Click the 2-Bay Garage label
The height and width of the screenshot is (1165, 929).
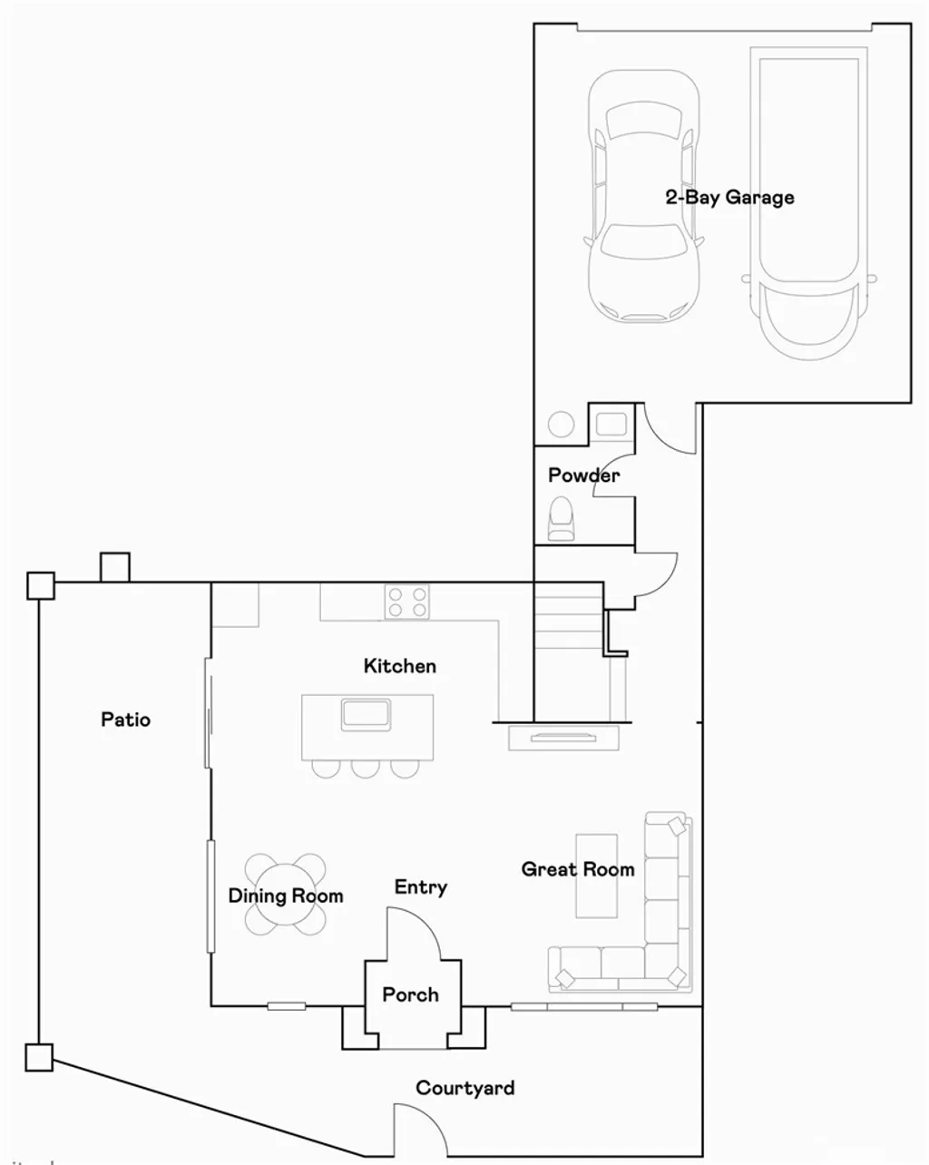(x=729, y=198)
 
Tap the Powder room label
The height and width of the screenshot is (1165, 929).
(x=583, y=475)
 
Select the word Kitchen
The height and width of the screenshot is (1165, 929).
(x=399, y=666)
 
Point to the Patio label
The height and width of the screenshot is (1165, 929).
(x=125, y=720)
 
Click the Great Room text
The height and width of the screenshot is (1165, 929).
(x=577, y=869)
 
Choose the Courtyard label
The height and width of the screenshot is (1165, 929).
(x=464, y=1088)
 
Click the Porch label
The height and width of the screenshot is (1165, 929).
(x=410, y=994)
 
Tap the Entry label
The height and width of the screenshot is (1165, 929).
(x=420, y=887)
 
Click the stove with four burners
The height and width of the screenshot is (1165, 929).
(x=406, y=602)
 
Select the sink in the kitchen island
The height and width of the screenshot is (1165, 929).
(x=366, y=714)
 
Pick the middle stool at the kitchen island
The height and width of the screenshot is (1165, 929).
(x=365, y=768)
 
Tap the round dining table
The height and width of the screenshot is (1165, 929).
(x=285, y=895)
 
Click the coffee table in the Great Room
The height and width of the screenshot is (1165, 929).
(x=596, y=876)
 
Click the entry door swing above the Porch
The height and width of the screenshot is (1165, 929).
(x=414, y=935)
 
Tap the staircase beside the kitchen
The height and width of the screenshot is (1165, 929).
(x=568, y=649)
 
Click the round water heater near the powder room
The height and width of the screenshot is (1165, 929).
(x=561, y=425)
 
